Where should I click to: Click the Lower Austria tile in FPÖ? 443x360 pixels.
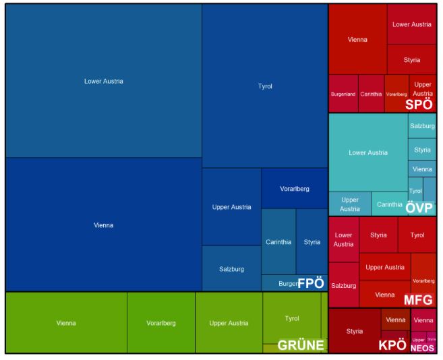(104, 81)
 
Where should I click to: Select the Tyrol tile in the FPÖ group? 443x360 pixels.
(265, 86)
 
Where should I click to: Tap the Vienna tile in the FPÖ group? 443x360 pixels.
(104, 224)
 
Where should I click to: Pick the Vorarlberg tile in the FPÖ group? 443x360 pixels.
(295, 188)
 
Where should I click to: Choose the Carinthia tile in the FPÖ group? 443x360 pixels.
(278, 241)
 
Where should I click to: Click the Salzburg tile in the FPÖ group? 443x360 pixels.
(231, 269)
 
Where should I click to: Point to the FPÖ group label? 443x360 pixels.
(311, 283)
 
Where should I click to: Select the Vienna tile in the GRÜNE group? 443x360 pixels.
(66, 323)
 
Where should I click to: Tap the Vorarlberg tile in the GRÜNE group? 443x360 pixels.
(160, 323)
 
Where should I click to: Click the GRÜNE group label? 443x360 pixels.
(301, 346)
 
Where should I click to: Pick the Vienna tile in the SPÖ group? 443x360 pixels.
(357, 39)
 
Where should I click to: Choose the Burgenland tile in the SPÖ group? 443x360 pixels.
(343, 94)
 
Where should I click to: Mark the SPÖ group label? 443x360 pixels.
(419, 104)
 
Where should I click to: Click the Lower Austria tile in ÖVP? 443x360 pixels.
(368, 152)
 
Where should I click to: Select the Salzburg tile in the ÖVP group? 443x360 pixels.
(422, 126)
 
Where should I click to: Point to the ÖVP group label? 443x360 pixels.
(419, 208)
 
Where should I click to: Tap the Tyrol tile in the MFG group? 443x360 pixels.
(417, 235)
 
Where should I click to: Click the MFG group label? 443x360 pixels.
(419, 299)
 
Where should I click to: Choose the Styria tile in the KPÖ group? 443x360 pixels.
(355, 331)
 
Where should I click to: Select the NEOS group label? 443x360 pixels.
(422, 348)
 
